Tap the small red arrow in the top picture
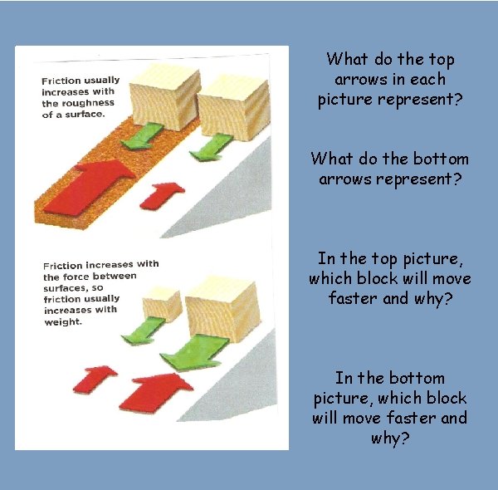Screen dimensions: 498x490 coord(162,196)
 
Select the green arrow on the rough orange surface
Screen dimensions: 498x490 coord(143,136)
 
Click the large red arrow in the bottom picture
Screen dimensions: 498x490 coord(156,393)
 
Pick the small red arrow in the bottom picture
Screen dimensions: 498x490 coord(95,380)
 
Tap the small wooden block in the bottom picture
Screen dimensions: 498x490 coord(163,304)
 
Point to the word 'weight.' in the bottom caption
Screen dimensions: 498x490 coord(63,322)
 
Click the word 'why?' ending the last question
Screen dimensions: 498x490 coord(390,439)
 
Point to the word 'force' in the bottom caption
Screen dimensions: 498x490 coord(75,277)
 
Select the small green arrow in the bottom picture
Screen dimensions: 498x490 coord(144,331)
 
